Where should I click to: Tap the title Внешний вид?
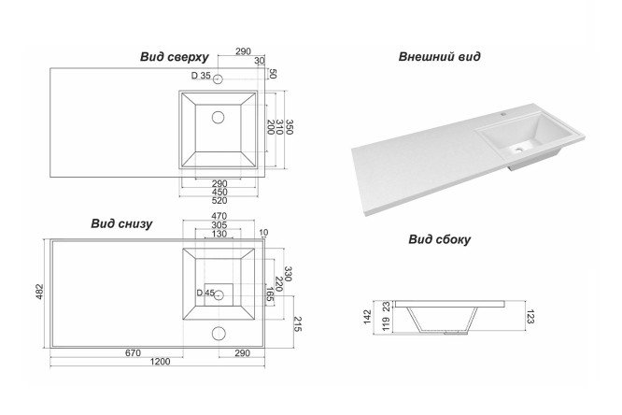[439, 56]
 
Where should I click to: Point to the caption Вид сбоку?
[439, 239]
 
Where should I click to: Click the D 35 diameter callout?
[202, 76]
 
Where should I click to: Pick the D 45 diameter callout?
[205, 293]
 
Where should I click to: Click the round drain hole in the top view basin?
[219, 118]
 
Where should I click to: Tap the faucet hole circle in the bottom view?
[219, 332]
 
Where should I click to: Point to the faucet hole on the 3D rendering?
[502, 113]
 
